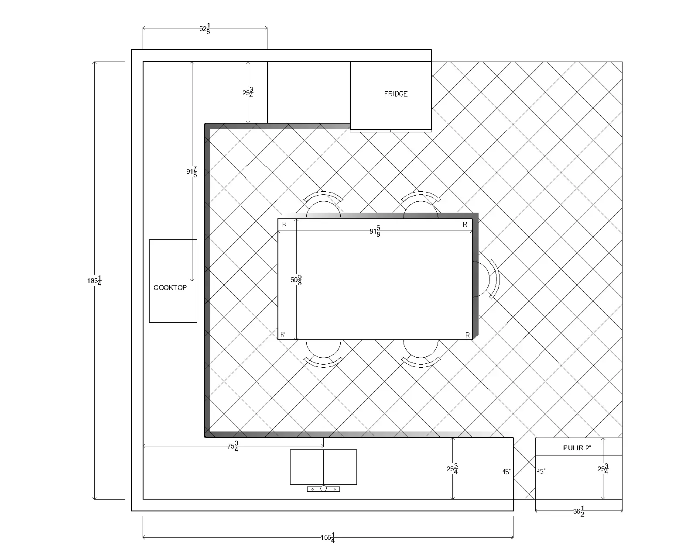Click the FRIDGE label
(396, 94)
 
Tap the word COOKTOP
(170, 288)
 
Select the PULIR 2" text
(577, 448)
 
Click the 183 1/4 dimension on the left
(94, 281)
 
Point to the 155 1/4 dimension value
(328, 538)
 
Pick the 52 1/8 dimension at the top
(205, 28)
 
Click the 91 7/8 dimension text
(192, 172)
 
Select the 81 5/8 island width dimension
(375, 231)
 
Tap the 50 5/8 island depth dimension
(296, 279)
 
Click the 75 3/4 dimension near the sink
(233, 446)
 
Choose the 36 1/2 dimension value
(579, 511)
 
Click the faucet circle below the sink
(323, 489)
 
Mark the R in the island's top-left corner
(284, 225)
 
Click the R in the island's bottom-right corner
(467, 335)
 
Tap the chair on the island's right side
(486, 279)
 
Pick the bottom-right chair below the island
(421, 354)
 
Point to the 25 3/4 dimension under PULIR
(603, 469)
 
